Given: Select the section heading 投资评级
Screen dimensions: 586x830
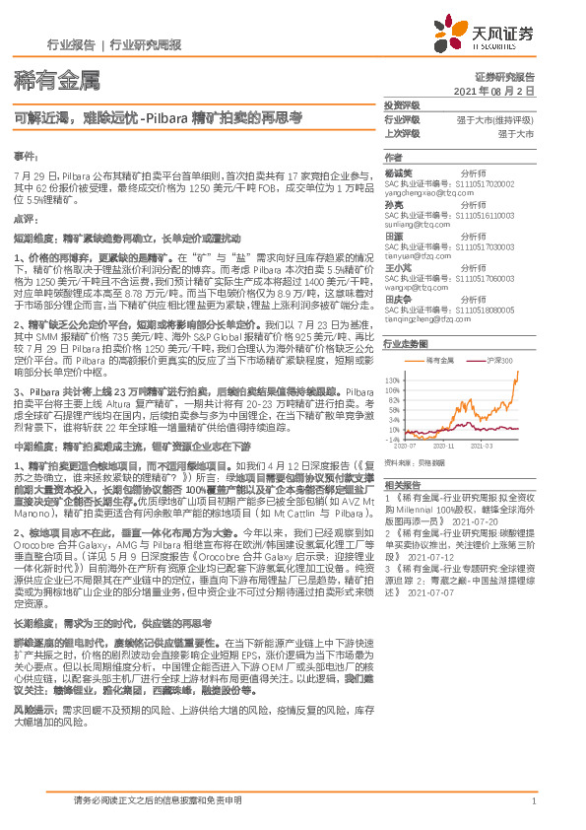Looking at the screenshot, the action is tap(401, 104).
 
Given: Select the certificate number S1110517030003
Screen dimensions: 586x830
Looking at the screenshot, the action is tap(484, 247).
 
